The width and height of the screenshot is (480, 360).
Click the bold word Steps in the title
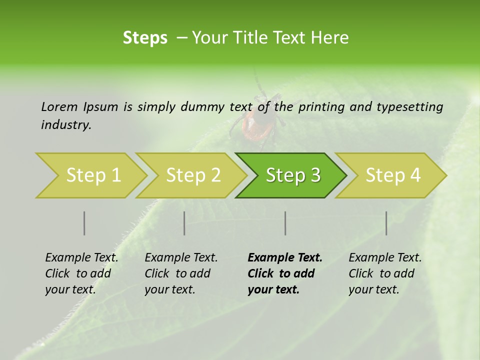point(145,38)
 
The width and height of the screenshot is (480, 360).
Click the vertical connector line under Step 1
point(84,223)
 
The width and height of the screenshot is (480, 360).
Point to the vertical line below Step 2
point(184,223)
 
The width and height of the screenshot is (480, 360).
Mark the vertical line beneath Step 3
point(285,223)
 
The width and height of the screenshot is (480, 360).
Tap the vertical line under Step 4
point(386,223)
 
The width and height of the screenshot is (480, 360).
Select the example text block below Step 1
point(81,273)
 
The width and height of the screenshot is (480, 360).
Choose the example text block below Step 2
point(181,273)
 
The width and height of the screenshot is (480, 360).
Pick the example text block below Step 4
point(385,273)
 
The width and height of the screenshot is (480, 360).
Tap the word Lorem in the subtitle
point(59,106)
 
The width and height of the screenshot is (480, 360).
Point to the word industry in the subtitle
point(65,125)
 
